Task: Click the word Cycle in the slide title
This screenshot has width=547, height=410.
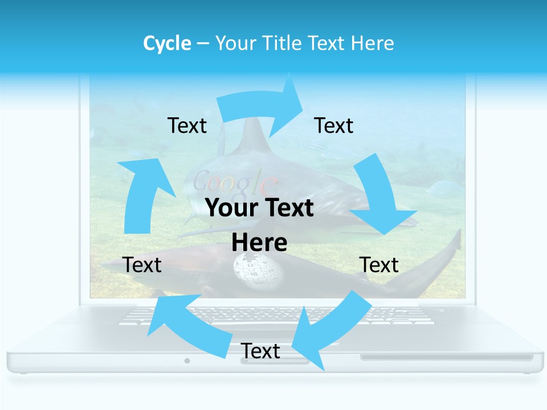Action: [167, 43]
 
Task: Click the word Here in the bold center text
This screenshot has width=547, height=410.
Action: [259, 243]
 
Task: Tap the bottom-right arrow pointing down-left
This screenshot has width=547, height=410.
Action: [330, 330]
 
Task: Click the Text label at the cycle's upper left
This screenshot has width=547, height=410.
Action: [187, 126]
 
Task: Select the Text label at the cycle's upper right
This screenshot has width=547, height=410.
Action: [334, 126]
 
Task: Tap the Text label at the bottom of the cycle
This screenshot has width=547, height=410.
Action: [260, 351]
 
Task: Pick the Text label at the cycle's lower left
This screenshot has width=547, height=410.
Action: [142, 265]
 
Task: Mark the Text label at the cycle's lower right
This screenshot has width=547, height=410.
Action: [379, 265]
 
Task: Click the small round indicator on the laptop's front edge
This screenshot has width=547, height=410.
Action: [187, 360]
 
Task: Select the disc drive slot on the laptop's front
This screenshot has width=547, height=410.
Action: [446, 357]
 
